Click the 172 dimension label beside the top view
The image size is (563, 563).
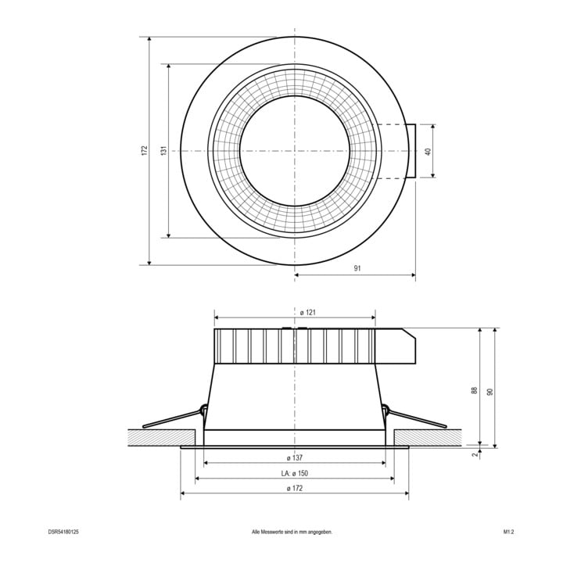(145, 150)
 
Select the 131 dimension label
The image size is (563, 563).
(163, 150)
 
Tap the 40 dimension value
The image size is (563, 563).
(428, 152)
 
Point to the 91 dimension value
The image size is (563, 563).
(357, 268)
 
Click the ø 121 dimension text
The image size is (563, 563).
(308, 312)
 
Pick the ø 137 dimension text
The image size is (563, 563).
(295, 457)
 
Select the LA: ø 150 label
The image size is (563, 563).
(295, 473)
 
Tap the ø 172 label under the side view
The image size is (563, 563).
(295, 488)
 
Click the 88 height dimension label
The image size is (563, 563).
(475, 391)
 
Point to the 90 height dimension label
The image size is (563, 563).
(489, 392)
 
